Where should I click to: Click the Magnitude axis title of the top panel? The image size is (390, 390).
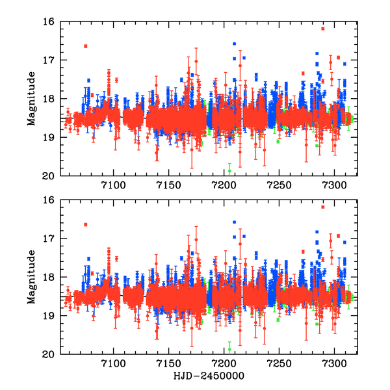[x=31, y=98]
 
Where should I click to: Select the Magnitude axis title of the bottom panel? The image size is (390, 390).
[x=31, y=277]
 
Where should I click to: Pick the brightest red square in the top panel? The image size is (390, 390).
[x=323, y=29]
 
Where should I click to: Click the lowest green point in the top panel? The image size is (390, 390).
[x=229, y=171]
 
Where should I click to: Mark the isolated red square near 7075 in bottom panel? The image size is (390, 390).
[x=86, y=224]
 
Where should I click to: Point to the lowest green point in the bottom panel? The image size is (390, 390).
[x=229, y=349]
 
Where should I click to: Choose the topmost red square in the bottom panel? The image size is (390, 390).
[x=323, y=207]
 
